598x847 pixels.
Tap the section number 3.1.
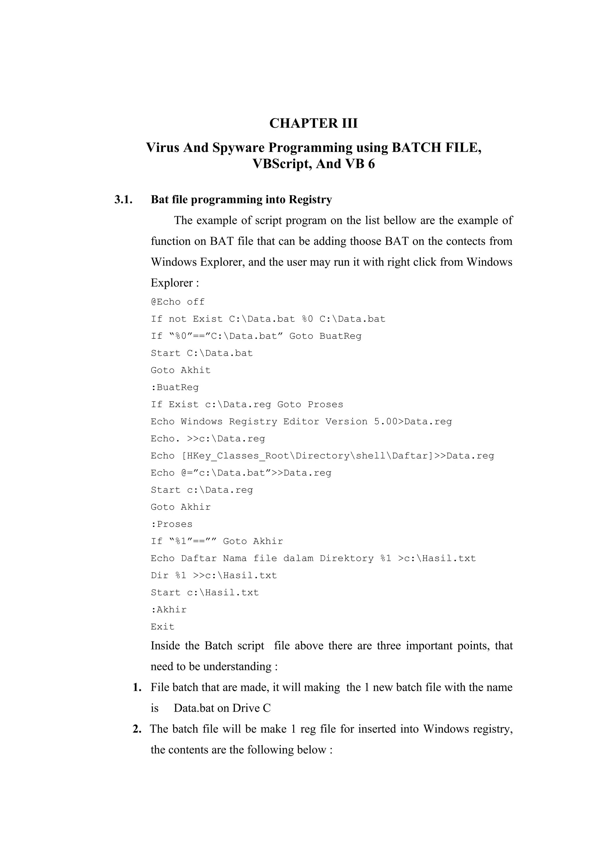[124, 200]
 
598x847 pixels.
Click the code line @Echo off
[178, 302]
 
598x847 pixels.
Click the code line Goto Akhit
[180, 370]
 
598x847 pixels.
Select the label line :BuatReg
[175, 387]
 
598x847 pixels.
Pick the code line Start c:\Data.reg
[202, 490]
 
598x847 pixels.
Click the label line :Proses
[172, 524]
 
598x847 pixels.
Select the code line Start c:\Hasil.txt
[205, 592]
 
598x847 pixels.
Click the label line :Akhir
[169, 609]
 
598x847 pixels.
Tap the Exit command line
[162, 626]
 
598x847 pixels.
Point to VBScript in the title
[282, 164]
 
